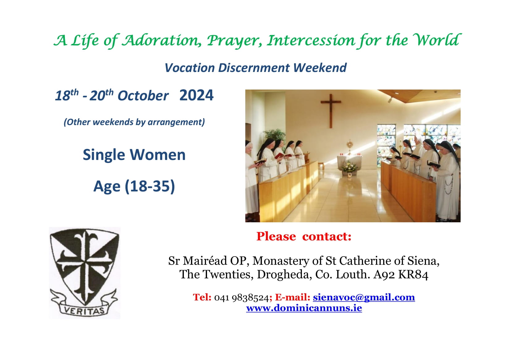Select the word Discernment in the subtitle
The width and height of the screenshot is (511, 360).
tap(255, 68)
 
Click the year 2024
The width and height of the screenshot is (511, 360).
tap(196, 95)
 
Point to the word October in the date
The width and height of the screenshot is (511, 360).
tap(143, 96)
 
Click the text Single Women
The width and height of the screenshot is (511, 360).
tap(134, 155)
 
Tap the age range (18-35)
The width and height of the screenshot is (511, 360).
tap(150, 186)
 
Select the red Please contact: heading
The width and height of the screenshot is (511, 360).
tap(304, 237)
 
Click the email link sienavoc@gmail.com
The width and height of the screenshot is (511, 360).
tap(364, 297)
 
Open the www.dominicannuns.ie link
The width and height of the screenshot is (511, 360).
tap(304, 308)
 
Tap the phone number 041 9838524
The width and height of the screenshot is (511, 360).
tap(241, 298)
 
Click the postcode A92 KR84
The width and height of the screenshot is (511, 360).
tap(401, 274)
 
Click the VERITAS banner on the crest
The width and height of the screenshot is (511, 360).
tap(84, 310)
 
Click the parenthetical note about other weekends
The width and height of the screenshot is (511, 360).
tap(134, 122)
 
